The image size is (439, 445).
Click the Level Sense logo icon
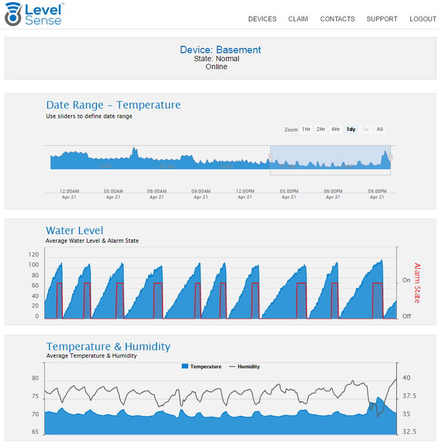tap(13, 14)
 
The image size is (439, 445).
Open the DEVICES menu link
tap(262, 19)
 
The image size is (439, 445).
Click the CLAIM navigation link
tap(298, 19)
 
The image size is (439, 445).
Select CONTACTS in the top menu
tap(337, 19)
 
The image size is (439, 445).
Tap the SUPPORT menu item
tap(382, 19)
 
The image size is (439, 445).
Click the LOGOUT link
tap(423, 19)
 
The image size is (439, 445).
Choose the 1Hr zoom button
tap(306, 129)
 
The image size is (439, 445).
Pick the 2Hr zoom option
tap(321, 129)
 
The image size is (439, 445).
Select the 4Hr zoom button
tap(336, 129)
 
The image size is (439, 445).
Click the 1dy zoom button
tap(351, 129)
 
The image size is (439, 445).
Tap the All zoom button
tap(380, 129)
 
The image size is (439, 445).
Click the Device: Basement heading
tap(220, 50)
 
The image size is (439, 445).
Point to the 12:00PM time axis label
tap(245, 191)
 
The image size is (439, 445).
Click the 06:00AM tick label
tap(157, 191)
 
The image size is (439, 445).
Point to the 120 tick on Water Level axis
tap(34, 254)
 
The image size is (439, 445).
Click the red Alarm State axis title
tap(417, 283)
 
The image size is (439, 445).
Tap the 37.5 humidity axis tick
tap(409, 397)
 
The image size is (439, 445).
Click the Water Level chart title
tap(75, 230)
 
